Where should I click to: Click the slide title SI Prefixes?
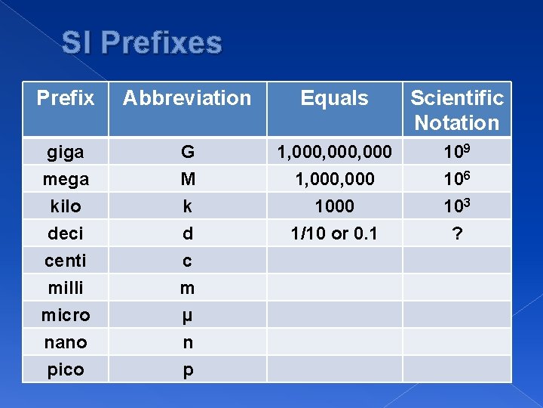[142, 43]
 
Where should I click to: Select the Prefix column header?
[66, 98]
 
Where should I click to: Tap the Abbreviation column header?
[187, 98]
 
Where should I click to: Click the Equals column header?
[334, 98]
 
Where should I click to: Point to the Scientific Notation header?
[457, 110]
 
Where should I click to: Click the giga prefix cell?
[66, 152]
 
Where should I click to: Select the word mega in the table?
[66, 179]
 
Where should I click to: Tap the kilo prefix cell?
[66, 206]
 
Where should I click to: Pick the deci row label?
[66, 233]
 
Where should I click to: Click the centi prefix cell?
[66, 261]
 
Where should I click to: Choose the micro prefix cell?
[66, 315]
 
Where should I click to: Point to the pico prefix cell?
[66, 369]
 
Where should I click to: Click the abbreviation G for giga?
[187, 152]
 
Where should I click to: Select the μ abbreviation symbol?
[187, 316]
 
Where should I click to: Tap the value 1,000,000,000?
[334, 152]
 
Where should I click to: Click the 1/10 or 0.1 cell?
[334, 233]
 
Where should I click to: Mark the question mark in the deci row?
[456, 233]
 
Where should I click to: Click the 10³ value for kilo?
[456, 206]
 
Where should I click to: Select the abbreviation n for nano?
[187, 342]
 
